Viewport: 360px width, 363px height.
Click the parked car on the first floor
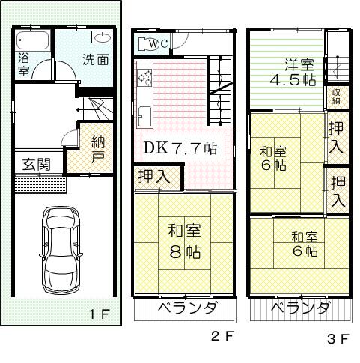point(61,250)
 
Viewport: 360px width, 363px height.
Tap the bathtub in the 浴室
point(32,40)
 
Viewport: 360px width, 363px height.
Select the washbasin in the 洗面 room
point(103,38)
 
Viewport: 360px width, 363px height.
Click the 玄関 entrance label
point(37,164)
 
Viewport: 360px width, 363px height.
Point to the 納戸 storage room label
point(98,149)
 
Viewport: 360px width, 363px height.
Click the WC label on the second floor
point(159,44)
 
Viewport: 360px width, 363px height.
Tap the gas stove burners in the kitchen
point(144,77)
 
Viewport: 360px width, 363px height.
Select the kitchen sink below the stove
point(144,117)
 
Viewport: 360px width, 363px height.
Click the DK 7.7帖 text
point(180,148)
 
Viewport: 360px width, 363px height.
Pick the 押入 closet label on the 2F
point(154,176)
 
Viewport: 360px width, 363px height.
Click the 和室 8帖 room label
point(185,241)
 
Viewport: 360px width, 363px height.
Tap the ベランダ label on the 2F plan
point(187,308)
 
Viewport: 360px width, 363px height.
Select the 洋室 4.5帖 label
point(293,73)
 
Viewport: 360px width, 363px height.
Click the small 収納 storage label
point(336,97)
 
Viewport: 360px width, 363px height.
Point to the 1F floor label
point(100,314)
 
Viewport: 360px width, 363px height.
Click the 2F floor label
point(222,336)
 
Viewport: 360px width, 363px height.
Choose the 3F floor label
point(338,339)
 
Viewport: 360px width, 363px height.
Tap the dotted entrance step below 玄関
point(40,184)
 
